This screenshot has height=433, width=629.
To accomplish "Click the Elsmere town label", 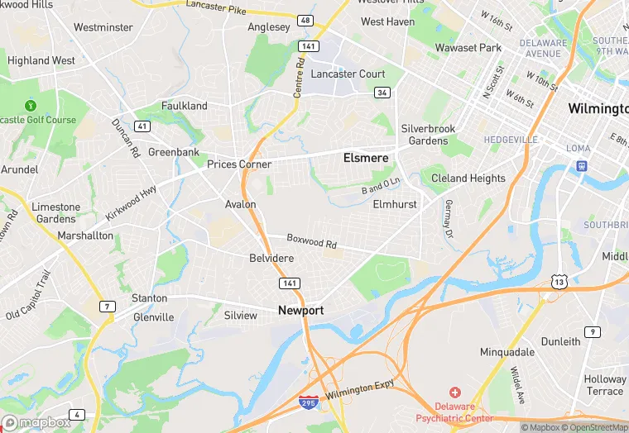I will coord(366,157).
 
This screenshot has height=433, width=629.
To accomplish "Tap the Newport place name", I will coord(301,311).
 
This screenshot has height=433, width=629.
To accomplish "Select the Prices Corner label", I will coord(239,164).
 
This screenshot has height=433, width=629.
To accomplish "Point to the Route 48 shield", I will coord(306,21).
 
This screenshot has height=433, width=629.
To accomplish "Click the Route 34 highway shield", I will coord(382,93).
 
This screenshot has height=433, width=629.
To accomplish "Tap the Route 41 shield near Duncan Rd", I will coord(142,126).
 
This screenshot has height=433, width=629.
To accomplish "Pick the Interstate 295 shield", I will coord(306,402).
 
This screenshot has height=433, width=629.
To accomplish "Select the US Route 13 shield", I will coord(559,283).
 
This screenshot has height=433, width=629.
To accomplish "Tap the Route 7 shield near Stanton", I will coord(107,307).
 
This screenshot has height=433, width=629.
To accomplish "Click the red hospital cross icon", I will coord(454,392).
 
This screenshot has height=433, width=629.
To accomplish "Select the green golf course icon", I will coord(31,106).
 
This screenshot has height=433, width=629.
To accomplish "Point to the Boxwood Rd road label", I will coord(312,241).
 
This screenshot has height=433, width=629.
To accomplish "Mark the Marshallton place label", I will coord(85,236).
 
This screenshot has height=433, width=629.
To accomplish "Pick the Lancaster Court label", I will coord(348,74).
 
